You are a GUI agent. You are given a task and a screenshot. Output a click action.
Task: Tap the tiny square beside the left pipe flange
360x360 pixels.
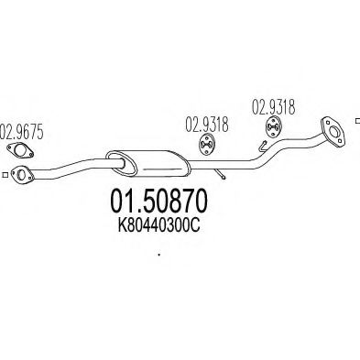(5, 174)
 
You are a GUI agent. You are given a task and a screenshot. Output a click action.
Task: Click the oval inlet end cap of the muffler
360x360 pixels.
(115, 158)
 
